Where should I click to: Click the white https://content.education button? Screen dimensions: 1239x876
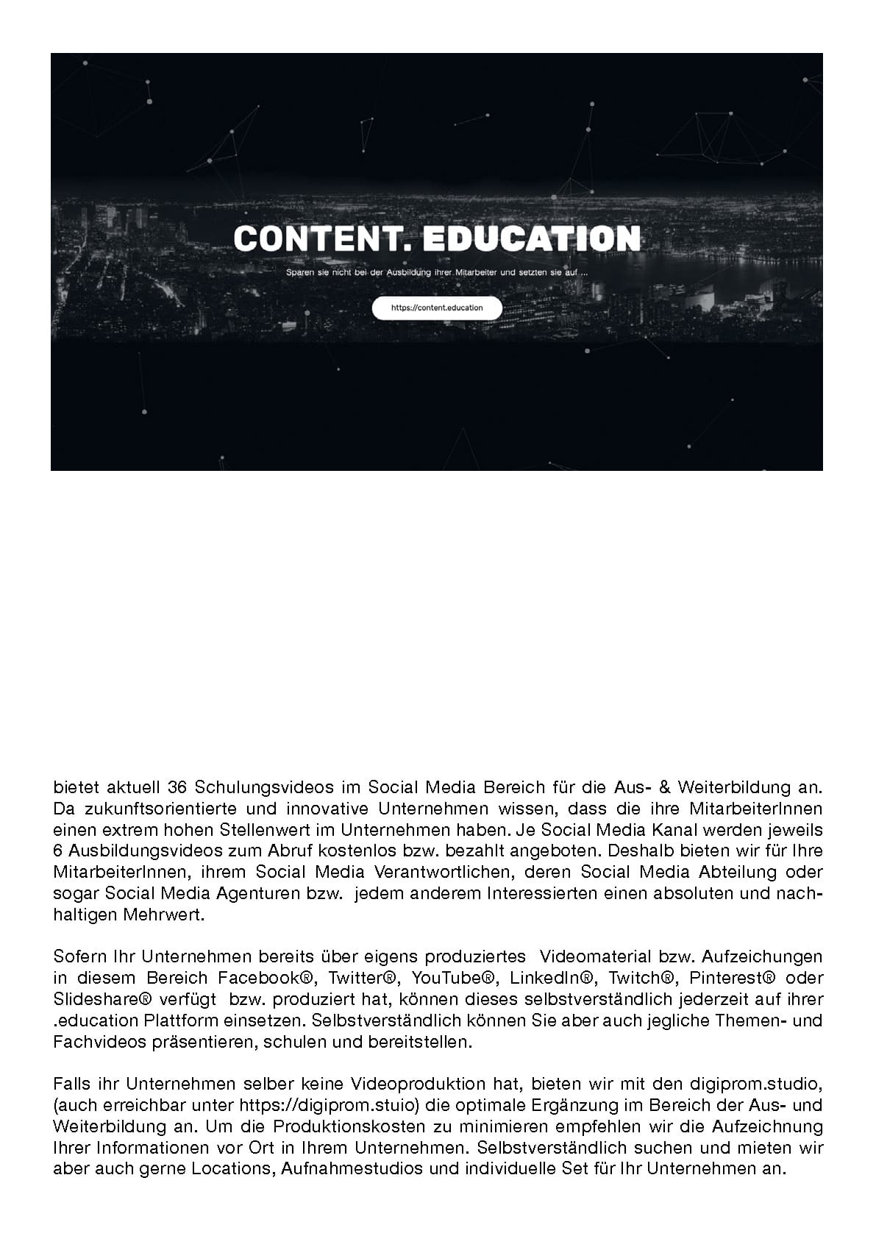(x=437, y=308)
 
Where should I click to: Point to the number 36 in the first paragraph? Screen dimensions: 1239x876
(x=178, y=787)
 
